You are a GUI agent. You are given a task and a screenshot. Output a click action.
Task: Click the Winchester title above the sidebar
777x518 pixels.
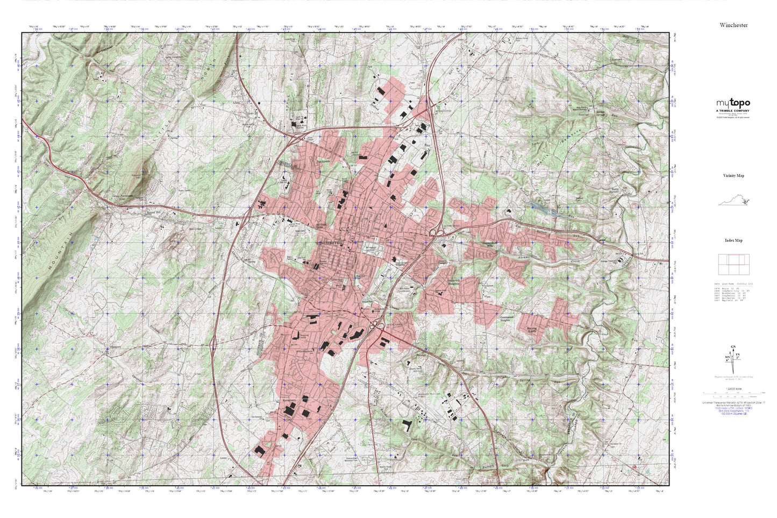click(733, 25)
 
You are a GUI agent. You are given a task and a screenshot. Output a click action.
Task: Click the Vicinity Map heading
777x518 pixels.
click(733, 176)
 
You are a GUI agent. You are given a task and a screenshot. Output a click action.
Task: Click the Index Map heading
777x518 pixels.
click(733, 240)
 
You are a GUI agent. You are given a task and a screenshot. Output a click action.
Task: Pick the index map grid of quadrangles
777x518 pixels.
click(733, 264)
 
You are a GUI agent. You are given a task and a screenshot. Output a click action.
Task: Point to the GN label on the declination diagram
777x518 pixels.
click(733, 347)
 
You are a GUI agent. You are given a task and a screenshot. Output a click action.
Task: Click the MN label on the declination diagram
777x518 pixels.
click(728, 357)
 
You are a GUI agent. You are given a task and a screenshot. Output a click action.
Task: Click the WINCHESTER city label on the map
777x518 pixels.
click(330, 243)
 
